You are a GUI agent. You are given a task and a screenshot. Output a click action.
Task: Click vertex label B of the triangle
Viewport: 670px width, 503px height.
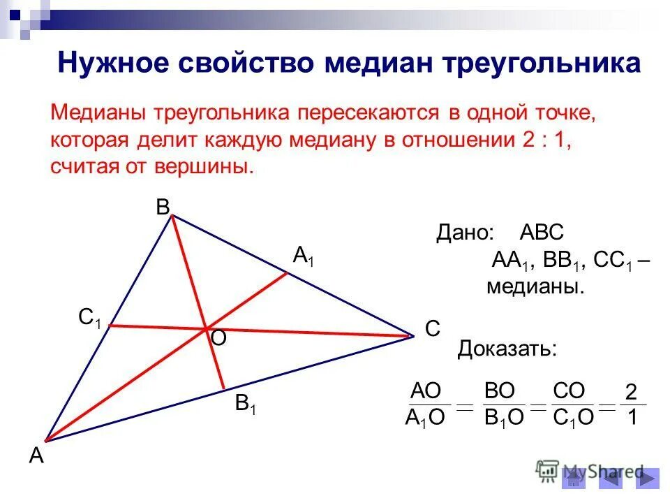pos(163,207)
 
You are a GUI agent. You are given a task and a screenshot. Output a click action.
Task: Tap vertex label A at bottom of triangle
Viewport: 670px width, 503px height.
pos(36,456)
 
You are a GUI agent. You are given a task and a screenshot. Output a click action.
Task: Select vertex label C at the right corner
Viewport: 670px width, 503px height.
pos(433,329)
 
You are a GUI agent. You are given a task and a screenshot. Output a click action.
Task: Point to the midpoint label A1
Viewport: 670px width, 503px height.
pos(304,256)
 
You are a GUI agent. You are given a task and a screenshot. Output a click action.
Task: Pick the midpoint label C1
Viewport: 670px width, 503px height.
pos(90,319)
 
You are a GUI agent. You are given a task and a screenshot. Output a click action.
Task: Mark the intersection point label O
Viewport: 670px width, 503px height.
pos(218,339)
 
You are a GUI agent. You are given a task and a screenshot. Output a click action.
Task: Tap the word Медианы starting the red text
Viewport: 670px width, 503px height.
pos(99,113)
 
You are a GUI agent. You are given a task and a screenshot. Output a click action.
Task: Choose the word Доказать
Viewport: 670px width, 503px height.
pos(507,348)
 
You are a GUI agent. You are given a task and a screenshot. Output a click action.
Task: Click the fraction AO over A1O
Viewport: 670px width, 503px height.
pos(426,404)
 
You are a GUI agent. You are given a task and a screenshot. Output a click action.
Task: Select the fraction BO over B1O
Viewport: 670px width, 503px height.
pos(504,404)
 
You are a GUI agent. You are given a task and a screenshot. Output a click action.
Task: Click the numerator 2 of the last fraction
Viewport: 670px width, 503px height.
pos(632,392)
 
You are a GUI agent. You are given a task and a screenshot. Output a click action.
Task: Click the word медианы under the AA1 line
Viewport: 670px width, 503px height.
pos(535,287)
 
